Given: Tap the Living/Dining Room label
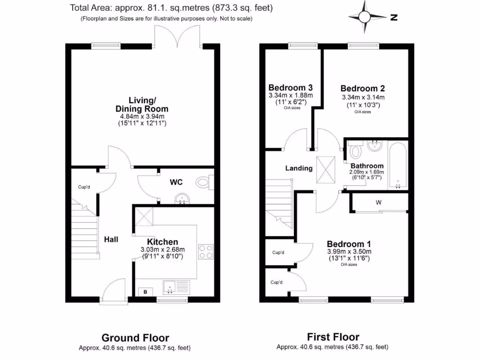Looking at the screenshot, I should pos(142,104).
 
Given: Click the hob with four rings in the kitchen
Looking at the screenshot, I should pos(206,251).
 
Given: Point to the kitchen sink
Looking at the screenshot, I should pos(176,286).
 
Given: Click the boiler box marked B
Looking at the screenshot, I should pos(145,292).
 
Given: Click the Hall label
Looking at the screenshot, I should pos(111,239).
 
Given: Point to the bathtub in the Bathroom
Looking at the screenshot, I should pos(397,165).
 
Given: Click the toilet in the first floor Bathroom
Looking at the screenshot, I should pos(356,151).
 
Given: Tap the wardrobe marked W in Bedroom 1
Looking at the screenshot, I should pos(378,203).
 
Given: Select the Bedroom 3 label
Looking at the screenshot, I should pos(290,87).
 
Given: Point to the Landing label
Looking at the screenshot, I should pos(299,168).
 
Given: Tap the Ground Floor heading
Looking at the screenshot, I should pos(135,337).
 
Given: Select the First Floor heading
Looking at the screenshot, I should pos(333,337).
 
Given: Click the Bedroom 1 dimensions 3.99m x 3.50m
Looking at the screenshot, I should pos(349,252).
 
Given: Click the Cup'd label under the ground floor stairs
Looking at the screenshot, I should pos(84,187).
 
